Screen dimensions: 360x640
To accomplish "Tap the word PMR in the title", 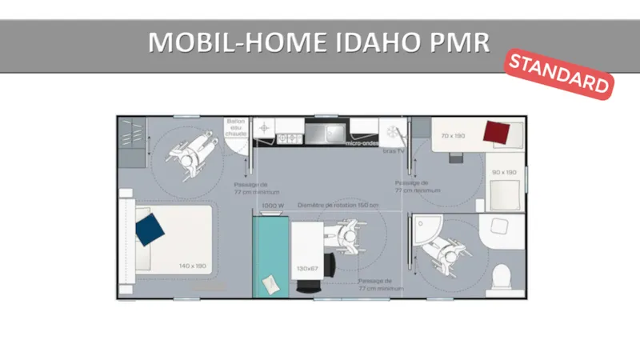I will (x=459, y=42).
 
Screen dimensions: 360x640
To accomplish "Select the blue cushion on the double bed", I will (x=149, y=229).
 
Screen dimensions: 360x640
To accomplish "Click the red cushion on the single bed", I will (x=497, y=131).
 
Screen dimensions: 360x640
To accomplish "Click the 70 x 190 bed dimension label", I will (x=453, y=136).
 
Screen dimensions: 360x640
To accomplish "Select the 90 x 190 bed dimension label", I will (x=504, y=172).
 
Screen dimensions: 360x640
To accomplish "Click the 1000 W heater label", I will (x=273, y=206).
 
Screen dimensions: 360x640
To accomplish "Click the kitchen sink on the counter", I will (x=327, y=130).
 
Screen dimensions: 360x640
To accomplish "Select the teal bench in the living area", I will (x=270, y=256).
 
